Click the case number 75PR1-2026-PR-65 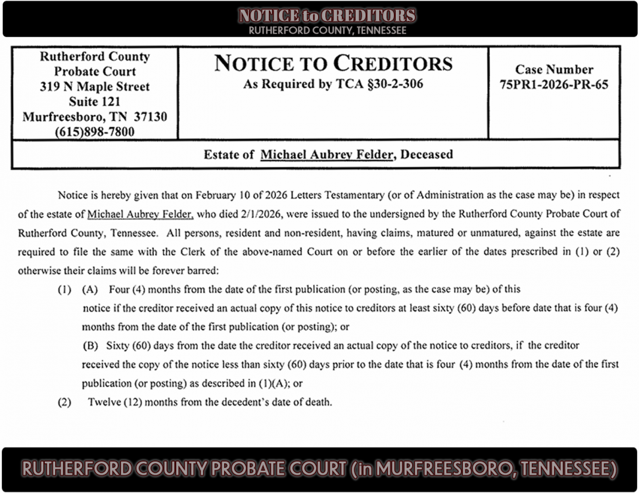(x=554, y=85)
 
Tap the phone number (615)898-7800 (x=95, y=132)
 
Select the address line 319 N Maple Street (x=95, y=87)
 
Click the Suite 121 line (x=95, y=102)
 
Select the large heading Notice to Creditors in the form (x=333, y=64)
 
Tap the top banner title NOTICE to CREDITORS (x=327, y=16)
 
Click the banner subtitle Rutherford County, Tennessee (x=327, y=30)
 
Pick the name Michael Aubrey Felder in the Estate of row (x=327, y=155)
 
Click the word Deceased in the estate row (x=427, y=155)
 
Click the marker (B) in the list (x=89, y=345)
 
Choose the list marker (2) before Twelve (x=64, y=402)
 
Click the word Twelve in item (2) (x=104, y=402)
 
